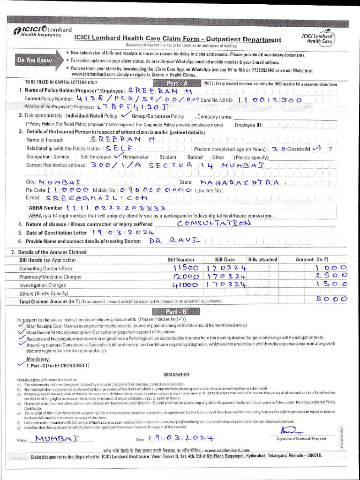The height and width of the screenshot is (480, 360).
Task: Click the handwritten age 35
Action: [280, 149]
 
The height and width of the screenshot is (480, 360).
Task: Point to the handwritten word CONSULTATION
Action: [214, 223]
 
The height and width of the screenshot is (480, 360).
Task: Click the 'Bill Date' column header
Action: [225, 259]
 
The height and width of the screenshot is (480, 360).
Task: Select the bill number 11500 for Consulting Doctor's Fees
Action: [183, 267]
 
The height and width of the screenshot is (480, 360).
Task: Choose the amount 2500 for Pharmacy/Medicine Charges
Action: [331, 276]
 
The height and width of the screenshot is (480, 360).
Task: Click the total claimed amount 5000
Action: [331, 299]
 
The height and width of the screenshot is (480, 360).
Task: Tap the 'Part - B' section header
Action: [182, 312]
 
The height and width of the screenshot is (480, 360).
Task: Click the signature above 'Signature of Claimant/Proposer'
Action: [285, 430]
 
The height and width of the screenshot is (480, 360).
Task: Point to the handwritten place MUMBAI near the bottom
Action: [57, 439]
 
